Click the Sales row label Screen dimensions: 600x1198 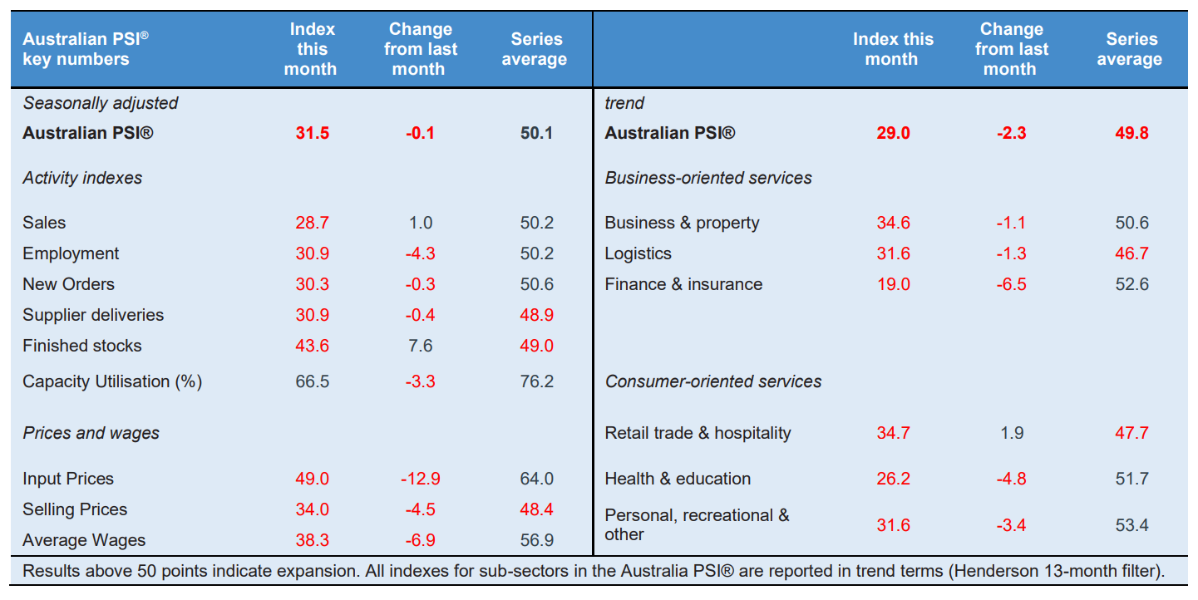pos(44,223)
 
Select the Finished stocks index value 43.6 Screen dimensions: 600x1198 pos(312,346)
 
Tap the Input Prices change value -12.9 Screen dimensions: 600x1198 pos(420,479)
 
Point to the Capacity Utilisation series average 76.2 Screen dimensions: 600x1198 pos(536,381)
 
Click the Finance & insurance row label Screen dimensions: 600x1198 pos(683,284)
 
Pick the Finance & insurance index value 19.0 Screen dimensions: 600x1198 pos(893,284)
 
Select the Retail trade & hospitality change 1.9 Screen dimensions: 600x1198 pos(1012,433)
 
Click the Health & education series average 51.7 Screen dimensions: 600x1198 pos(1131,479)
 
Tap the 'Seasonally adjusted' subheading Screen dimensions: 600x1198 pos(101,103)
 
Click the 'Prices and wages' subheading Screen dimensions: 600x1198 pos(91,433)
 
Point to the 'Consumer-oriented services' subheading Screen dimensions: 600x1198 pos(713,381)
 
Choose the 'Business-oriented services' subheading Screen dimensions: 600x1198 pos(708,178)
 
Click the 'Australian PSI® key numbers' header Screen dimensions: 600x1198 pos(86,49)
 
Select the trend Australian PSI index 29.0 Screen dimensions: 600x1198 pos(893,133)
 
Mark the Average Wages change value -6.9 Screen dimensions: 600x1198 pos(420,540)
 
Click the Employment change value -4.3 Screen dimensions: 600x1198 pos(420,253)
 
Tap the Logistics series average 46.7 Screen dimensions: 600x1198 pos(1131,253)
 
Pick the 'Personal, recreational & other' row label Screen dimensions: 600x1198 pos(697,524)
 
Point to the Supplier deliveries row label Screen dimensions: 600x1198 pos(93,315)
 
